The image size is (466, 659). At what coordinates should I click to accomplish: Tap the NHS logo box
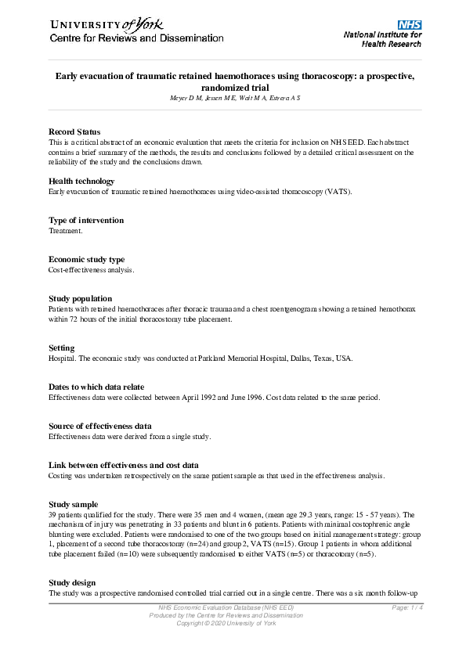409,25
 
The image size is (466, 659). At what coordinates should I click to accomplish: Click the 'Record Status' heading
77,132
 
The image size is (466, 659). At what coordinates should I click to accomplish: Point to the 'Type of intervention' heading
86,221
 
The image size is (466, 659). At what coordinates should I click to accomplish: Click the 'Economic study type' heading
86,260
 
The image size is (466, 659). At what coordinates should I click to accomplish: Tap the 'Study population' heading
80,299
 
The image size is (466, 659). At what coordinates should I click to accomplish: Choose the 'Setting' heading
62,348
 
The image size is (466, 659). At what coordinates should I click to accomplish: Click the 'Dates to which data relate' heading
96,387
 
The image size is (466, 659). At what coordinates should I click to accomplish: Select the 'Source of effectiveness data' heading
100,427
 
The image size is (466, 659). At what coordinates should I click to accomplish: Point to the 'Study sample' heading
74,505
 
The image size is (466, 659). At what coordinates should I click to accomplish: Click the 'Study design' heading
72,583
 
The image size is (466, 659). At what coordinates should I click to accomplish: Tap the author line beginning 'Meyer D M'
234,97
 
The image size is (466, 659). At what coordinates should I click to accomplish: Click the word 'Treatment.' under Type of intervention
66,232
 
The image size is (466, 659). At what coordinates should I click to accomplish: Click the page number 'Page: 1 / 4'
408,608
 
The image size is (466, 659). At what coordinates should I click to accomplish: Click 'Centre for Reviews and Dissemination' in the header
137,38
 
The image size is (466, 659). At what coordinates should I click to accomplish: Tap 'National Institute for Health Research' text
382,40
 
